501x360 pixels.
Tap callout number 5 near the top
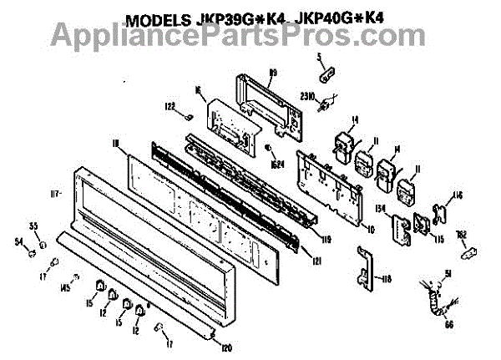point(317,56)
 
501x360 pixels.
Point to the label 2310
point(306,97)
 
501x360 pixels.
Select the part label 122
point(170,107)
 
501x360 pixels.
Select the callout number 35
point(35,226)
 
